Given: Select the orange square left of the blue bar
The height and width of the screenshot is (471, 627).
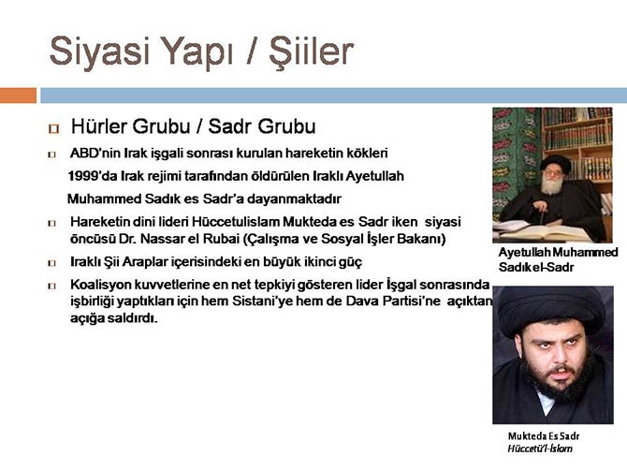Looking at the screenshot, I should coord(18,95).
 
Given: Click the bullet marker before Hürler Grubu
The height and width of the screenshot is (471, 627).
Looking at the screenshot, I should coord(52,127).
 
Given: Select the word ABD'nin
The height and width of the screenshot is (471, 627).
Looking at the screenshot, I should coord(96,153).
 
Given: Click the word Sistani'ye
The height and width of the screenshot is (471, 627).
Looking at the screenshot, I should coord(315,302).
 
